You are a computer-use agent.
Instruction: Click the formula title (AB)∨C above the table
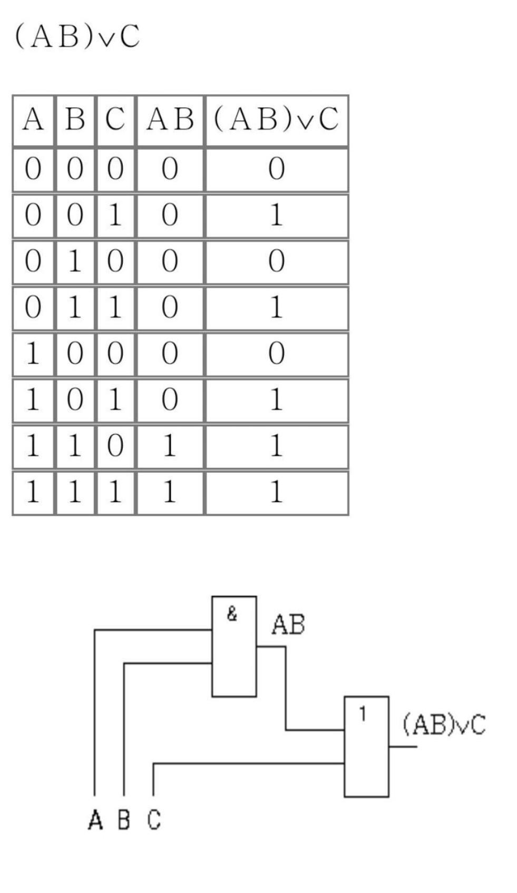(x=77, y=36)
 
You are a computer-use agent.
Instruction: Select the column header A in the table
(x=33, y=119)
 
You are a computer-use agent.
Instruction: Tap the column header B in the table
(x=75, y=119)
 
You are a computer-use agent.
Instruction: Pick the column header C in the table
(x=115, y=119)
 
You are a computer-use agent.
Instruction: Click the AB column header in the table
(x=170, y=119)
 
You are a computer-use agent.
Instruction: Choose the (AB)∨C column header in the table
(x=277, y=119)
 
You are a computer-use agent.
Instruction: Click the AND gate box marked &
(x=234, y=646)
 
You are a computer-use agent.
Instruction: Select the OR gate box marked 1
(x=366, y=747)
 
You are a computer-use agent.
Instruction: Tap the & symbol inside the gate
(x=232, y=614)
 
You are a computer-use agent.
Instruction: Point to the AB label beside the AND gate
(x=288, y=624)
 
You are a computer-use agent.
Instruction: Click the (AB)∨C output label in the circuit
(x=444, y=724)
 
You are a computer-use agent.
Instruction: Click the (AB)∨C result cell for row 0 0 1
(x=277, y=215)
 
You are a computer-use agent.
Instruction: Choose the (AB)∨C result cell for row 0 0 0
(x=277, y=169)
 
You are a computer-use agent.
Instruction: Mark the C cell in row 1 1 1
(x=115, y=492)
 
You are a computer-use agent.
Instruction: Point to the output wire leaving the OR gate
(x=403, y=747)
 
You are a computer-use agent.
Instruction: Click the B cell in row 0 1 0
(x=75, y=261)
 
